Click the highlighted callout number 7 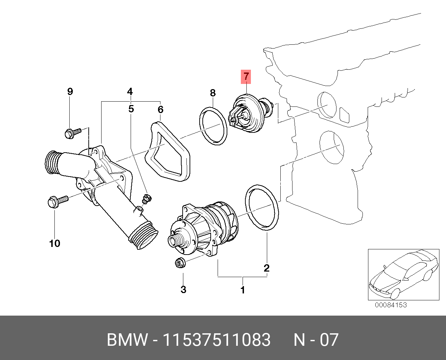pyautogui.click(x=246, y=77)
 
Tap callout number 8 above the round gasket pyautogui.click(x=213, y=93)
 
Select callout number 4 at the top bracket pyautogui.click(x=130, y=92)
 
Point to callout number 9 pyautogui.click(x=70, y=92)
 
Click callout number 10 pyautogui.click(x=55, y=243)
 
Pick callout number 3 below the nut pyautogui.click(x=183, y=289)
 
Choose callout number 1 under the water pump pyautogui.click(x=243, y=290)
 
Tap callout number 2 pyautogui.click(x=266, y=268)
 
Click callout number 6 pyautogui.click(x=160, y=110)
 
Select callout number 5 pyautogui.click(x=131, y=109)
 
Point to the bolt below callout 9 pyautogui.click(x=72, y=132)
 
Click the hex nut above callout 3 pyautogui.click(x=180, y=263)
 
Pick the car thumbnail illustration pyautogui.click(x=403, y=274)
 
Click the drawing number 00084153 pyautogui.click(x=391, y=305)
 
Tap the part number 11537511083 pyautogui.click(x=216, y=340)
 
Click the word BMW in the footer pyautogui.click(x=127, y=340)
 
